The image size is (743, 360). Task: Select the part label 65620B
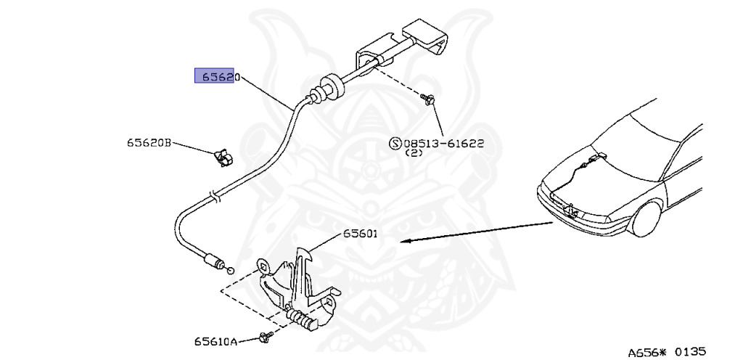coord(147,143)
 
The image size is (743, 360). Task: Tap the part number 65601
coord(360,234)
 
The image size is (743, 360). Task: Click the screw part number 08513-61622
coord(443,144)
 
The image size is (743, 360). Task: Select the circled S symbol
coord(395,144)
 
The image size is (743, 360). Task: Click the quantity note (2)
coord(414,154)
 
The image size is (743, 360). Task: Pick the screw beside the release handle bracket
coord(429,99)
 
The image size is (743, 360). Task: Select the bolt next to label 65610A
coord(264,337)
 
